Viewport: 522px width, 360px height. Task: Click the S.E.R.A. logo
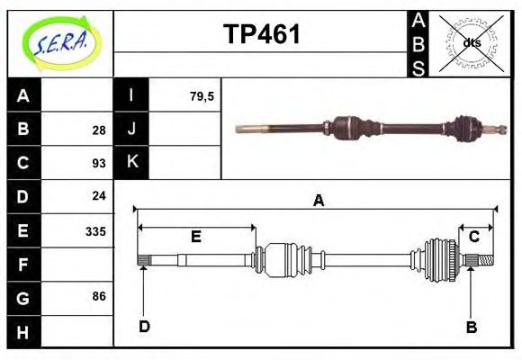click(x=59, y=40)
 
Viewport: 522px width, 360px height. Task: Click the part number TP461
click(x=261, y=34)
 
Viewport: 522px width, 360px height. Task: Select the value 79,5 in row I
click(x=202, y=96)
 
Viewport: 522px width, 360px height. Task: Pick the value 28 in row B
click(x=99, y=130)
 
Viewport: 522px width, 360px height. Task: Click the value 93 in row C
click(x=99, y=163)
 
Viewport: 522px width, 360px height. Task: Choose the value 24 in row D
click(x=99, y=195)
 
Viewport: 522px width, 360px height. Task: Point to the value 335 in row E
click(x=95, y=230)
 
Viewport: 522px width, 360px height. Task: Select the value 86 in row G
click(x=99, y=296)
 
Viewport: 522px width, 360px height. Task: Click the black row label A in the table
click(x=24, y=96)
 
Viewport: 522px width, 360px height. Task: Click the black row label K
click(x=132, y=162)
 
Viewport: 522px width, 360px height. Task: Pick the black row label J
click(x=132, y=129)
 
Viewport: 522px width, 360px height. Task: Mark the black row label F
click(x=24, y=265)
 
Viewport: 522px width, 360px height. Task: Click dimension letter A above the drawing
click(x=318, y=202)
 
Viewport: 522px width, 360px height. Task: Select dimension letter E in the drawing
click(x=195, y=238)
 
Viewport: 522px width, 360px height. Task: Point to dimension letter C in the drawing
click(x=473, y=237)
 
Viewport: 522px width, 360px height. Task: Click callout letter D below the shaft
click(x=144, y=326)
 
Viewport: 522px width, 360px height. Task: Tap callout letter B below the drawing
click(x=471, y=327)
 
